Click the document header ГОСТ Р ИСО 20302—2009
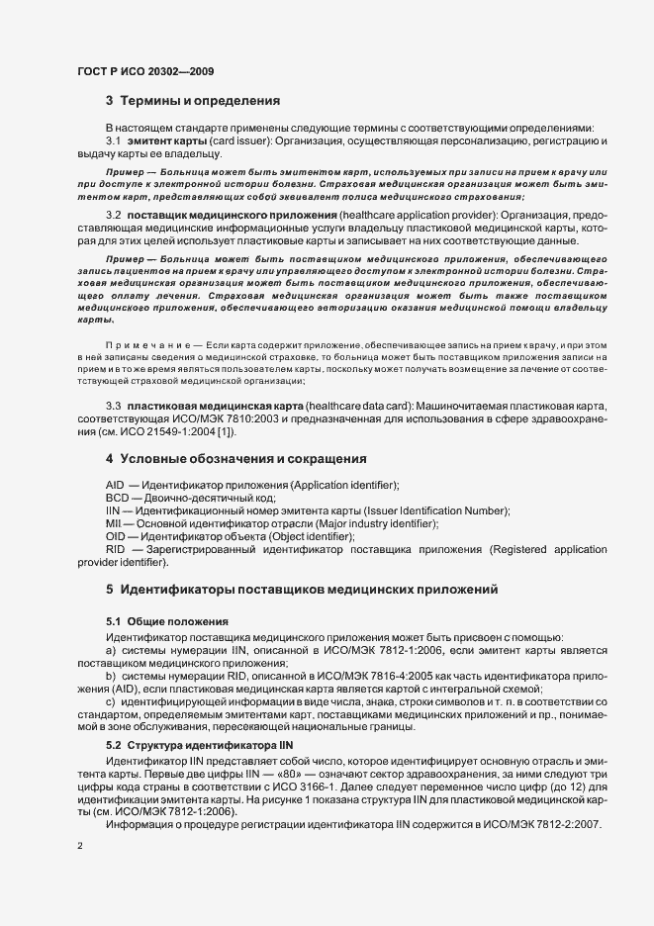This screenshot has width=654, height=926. (144, 72)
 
